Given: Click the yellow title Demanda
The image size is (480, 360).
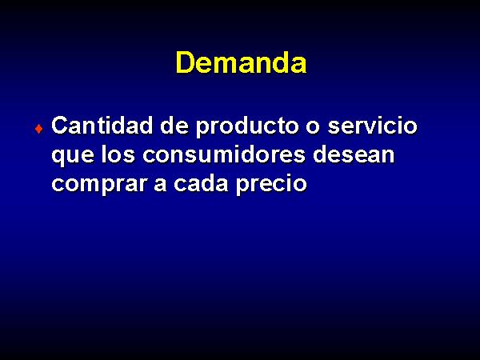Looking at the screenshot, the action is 241,62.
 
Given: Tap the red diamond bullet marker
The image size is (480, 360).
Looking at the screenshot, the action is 39,129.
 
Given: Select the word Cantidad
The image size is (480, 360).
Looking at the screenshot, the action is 102,126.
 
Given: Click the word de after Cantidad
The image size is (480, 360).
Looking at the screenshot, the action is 174,126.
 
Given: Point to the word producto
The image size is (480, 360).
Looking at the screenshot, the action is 247,127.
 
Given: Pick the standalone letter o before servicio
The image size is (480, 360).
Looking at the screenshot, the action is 313,128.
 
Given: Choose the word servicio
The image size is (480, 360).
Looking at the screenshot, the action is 372,126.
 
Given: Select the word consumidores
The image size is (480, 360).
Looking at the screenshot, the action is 224,154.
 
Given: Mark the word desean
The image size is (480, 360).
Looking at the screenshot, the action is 354,154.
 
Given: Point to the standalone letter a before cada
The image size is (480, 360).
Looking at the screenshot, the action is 160,186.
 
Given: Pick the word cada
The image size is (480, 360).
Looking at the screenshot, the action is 201,182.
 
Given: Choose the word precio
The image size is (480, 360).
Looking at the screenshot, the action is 271,185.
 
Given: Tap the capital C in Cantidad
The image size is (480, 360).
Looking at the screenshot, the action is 60,126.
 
